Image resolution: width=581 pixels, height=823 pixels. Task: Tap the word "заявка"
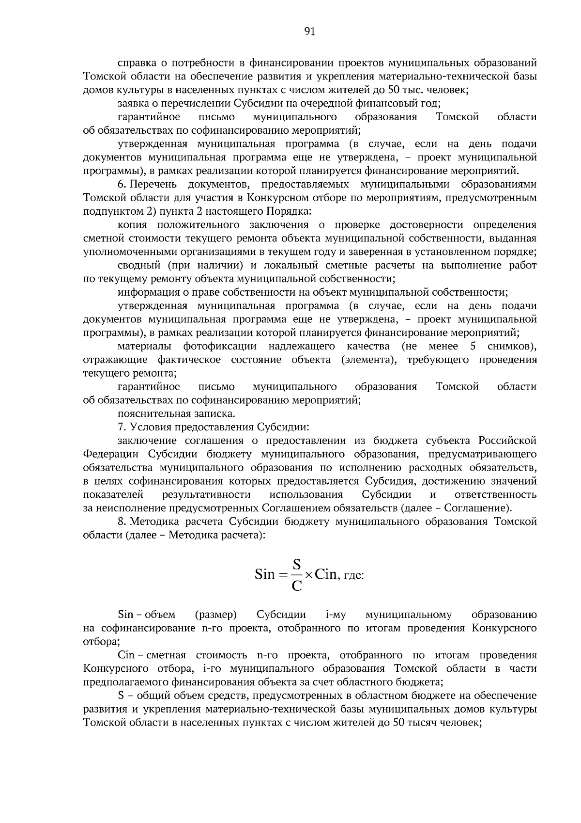pyautogui.click(x=134, y=103)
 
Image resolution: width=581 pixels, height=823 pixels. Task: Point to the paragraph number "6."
pyautogui.click(x=122, y=185)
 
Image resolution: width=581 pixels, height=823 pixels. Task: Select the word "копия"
pyautogui.click(x=131, y=225)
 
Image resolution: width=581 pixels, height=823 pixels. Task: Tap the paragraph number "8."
pyautogui.click(x=122, y=522)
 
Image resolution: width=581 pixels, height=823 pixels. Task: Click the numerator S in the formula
pyautogui.click(x=296, y=564)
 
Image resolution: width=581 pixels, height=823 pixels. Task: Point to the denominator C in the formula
pyautogui.click(x=296, y=586)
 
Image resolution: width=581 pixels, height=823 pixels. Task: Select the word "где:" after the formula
pyautogui.click(x=353, y=576)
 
